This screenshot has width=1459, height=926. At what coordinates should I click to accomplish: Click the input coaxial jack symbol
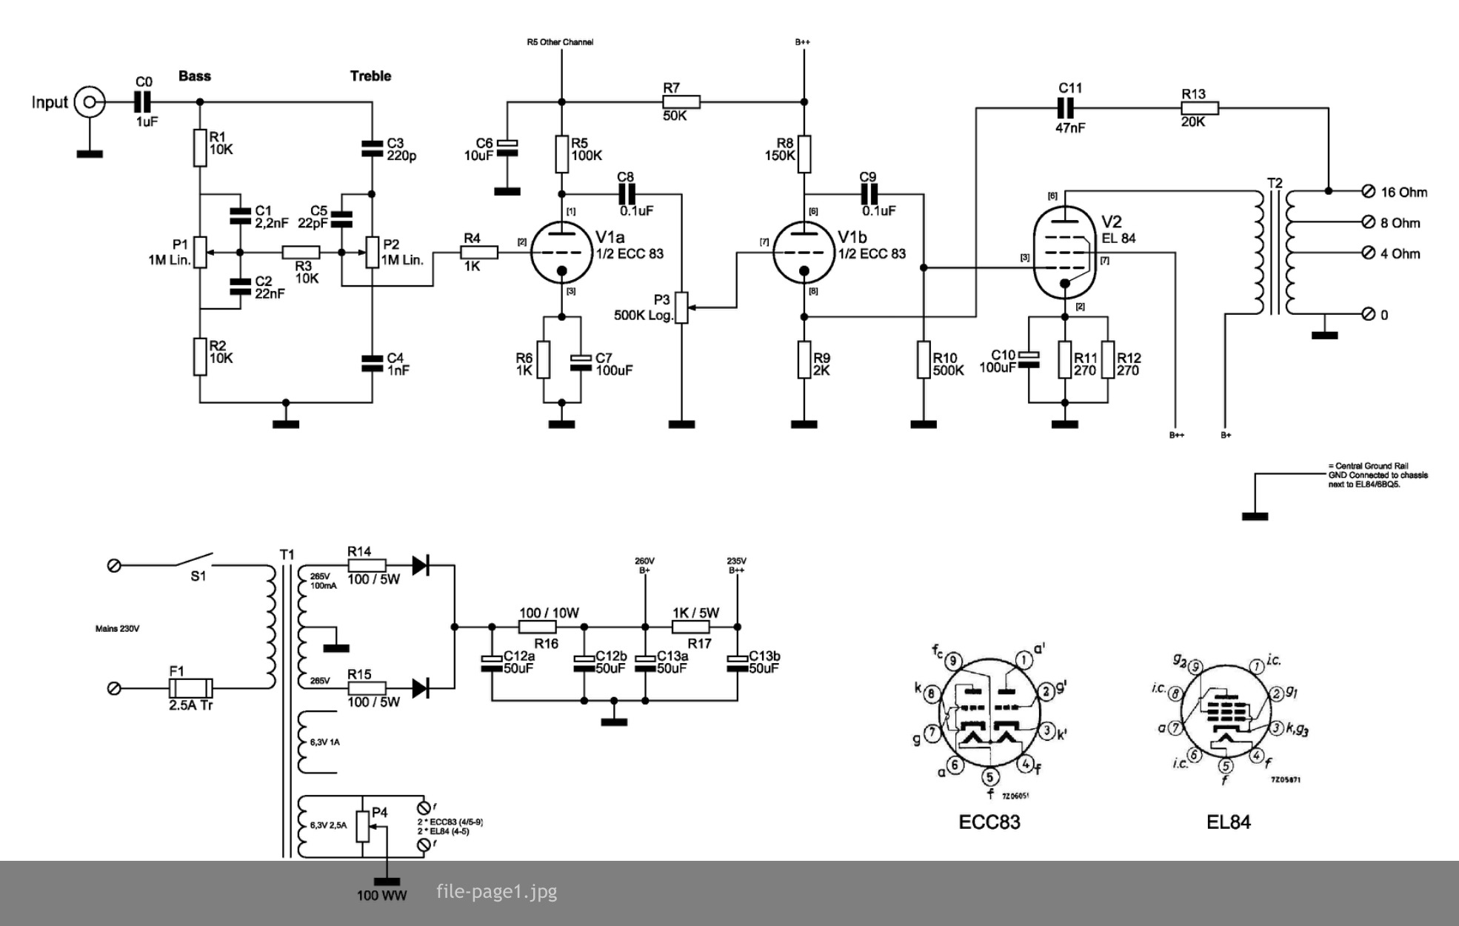coord(90,102)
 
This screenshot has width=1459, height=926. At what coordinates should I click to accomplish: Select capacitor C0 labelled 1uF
coord(144,101)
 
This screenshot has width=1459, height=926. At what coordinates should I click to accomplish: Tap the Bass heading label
coord(195,76)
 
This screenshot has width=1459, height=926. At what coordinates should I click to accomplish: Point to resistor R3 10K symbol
coord(301,253)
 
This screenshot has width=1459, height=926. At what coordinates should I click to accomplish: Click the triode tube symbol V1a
coord(561,253)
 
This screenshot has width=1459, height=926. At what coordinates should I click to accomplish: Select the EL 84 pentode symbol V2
coord(1064,253)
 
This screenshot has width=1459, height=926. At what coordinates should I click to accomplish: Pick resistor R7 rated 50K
coord(681,102)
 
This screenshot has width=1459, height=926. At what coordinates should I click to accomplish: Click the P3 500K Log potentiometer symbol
coord(682,307)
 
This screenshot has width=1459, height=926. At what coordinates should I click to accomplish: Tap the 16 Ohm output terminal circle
coord(1368,192)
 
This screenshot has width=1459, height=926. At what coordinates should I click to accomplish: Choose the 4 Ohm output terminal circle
coord(1368,253)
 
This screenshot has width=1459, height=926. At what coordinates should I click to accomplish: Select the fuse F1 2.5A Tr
coord(191,688)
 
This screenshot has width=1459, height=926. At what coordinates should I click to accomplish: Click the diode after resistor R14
coord(420,565)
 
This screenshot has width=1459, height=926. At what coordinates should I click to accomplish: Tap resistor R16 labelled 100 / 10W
coord(538,627)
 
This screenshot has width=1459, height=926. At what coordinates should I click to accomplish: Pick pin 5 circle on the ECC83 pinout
coord(990,777)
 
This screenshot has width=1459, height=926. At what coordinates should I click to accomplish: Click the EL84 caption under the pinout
coord(1228,822)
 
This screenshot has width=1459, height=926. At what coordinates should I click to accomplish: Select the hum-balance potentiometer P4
coord(362,827)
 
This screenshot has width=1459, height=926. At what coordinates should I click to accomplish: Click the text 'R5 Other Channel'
coord(560,42)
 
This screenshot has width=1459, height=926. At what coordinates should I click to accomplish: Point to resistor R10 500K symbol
coord(924,360)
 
